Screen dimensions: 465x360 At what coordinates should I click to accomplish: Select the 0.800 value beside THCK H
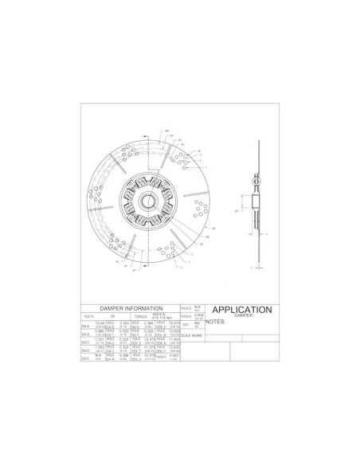[198, 315]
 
